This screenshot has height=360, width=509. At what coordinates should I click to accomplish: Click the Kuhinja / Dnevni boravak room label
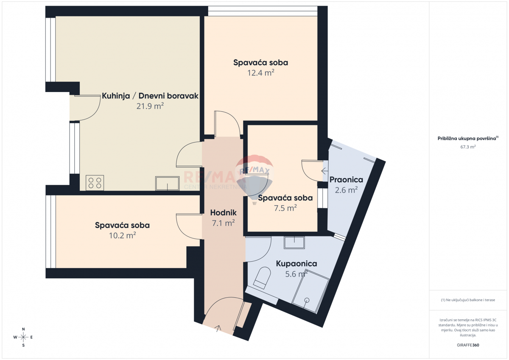[150, 96]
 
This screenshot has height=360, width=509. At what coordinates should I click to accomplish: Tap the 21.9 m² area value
[150, 106]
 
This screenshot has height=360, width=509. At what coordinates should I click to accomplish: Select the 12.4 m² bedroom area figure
[260, 73]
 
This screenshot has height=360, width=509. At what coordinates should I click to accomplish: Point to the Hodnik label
[224, 213]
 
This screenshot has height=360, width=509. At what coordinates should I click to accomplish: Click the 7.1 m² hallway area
[224, 223]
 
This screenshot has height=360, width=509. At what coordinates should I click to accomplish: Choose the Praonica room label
[346, 180]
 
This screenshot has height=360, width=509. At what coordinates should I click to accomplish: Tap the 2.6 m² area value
[346, 190]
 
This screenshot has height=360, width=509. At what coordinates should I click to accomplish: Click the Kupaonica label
[296, 264]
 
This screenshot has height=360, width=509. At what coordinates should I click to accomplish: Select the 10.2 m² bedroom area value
[122, 235]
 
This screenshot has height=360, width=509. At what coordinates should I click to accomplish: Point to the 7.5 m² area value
[285, 208]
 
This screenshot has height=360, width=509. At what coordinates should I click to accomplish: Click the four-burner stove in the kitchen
[95, 183]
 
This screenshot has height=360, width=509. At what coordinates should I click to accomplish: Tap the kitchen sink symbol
[168, 184]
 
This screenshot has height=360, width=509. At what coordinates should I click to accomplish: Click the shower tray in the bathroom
[312, 294]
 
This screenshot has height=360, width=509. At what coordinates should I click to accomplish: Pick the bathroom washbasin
[294, 242]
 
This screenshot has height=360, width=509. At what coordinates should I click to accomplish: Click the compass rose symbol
[24, 337]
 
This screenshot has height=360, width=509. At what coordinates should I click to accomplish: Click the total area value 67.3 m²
[468, 147]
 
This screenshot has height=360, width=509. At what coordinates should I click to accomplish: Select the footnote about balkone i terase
[468, 300]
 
